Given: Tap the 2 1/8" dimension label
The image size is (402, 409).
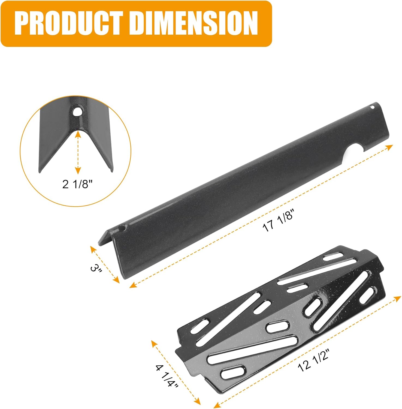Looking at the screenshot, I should tap(78, 185).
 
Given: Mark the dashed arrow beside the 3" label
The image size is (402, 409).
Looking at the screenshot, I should tap(105, 264).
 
